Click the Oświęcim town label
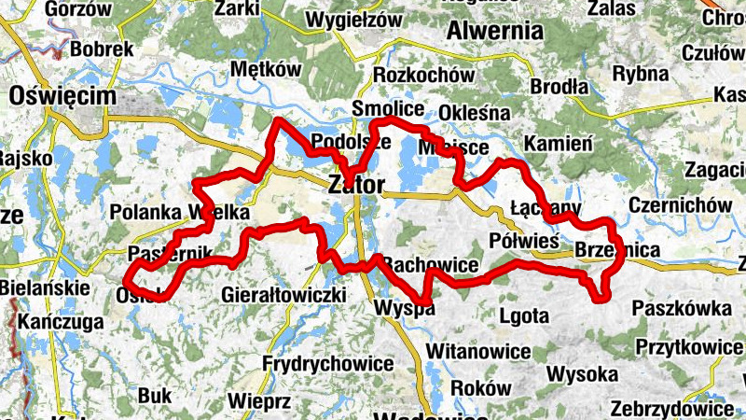(62, 96)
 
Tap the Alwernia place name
(494, 31)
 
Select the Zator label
(356, 186)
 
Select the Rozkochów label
(418, 75)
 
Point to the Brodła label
(559, 87)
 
